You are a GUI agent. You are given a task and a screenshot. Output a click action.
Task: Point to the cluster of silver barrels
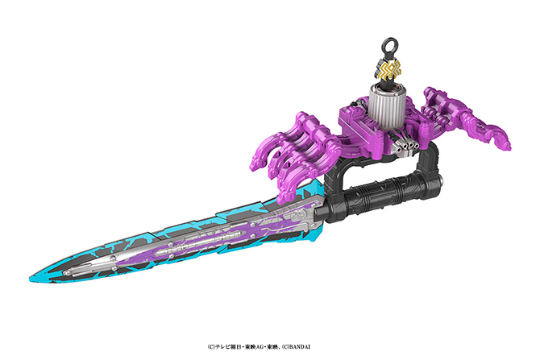click(406, 147)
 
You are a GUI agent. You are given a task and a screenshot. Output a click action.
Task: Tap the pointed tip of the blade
click(31, 279)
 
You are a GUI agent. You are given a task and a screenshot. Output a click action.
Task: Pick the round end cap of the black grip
click(439, 179)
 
